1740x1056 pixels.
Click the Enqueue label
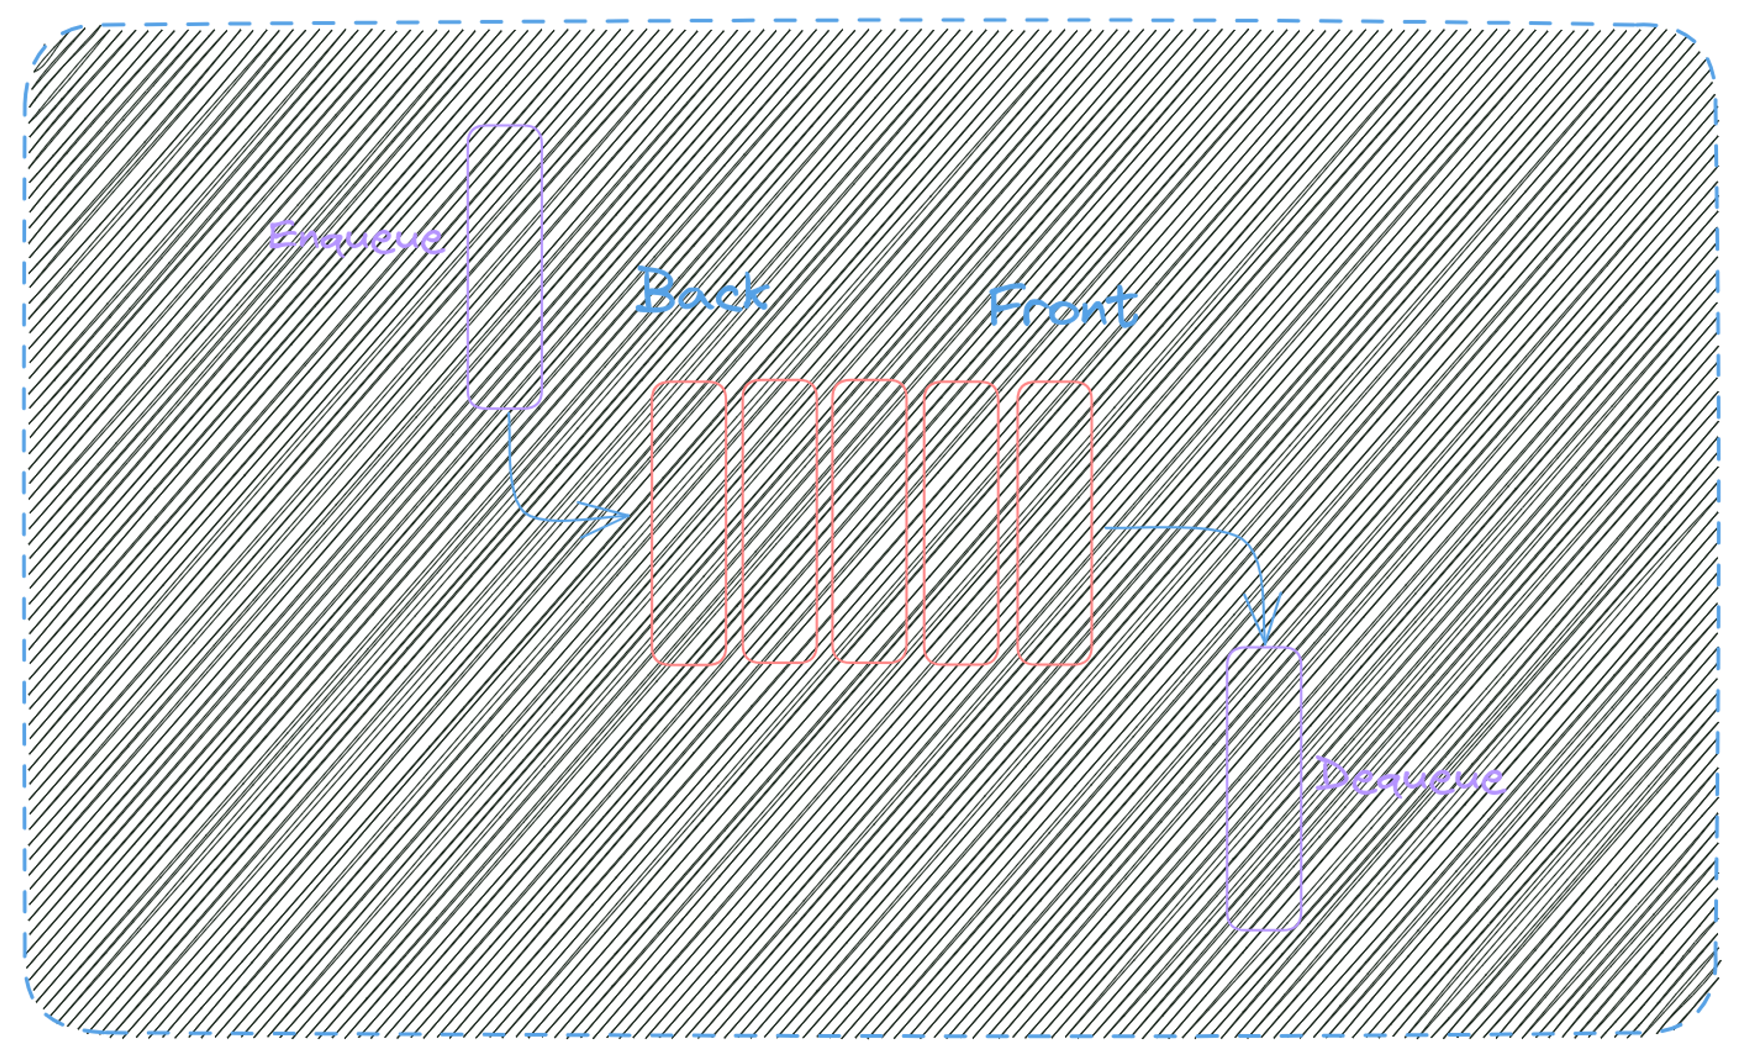(x=357, y=237)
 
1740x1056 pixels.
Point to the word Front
(x=1063, y=306)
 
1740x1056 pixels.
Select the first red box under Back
(x=688, y=523)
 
